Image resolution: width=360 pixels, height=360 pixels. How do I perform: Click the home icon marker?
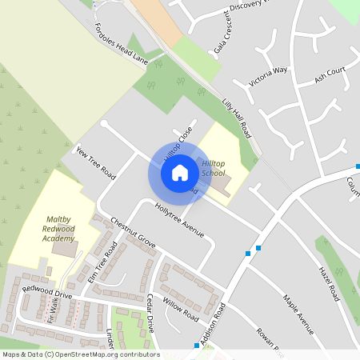pyautogui.click(x=180, y=172)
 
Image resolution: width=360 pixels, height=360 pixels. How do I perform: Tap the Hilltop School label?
pyautogui.click(x=214, y=167)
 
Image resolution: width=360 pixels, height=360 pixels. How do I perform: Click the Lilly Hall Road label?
pyautogui.click(x=236, y=118)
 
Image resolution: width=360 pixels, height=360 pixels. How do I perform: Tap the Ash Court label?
pyautogui.click(x=330, y=75)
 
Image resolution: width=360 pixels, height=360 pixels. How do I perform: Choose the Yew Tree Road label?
pyautogui.click(x=96, y=163)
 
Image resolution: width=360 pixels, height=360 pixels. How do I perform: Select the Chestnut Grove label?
pyautogui.click(x=133, y=233)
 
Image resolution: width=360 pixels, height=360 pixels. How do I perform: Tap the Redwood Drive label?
pyautogui.click(x=47, y=292)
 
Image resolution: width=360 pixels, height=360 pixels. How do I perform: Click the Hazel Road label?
pyautogui.click(x=330, y=282)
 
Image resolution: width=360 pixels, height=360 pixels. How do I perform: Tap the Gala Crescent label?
pyautogui.click(x=222, y=38)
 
